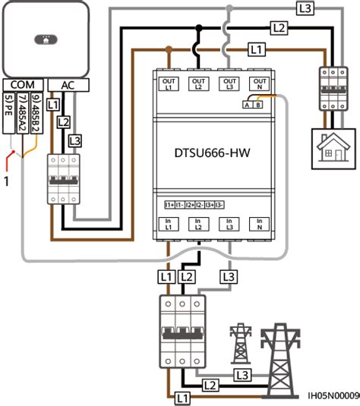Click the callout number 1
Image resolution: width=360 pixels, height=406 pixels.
click(x=6, y=181)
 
